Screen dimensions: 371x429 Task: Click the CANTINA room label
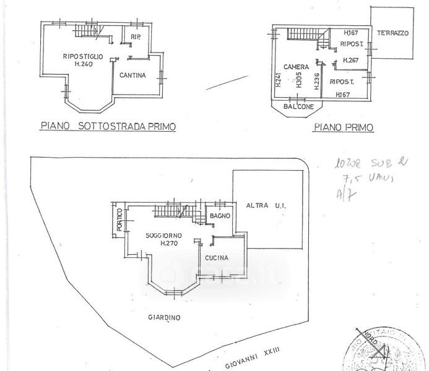coord(133,76)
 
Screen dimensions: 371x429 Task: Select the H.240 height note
coord(84,66)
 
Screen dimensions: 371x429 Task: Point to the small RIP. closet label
coord(136,38)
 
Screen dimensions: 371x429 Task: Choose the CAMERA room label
coord(296,66)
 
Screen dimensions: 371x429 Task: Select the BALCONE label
coord(297,107)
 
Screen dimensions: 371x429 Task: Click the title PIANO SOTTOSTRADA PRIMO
coord(108,126)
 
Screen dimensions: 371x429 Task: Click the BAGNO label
coord(220,215)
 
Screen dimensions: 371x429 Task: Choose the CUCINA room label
coord(215,258)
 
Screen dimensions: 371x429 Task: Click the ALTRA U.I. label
coord(264,205)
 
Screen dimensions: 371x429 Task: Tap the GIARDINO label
coord(164,318)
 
